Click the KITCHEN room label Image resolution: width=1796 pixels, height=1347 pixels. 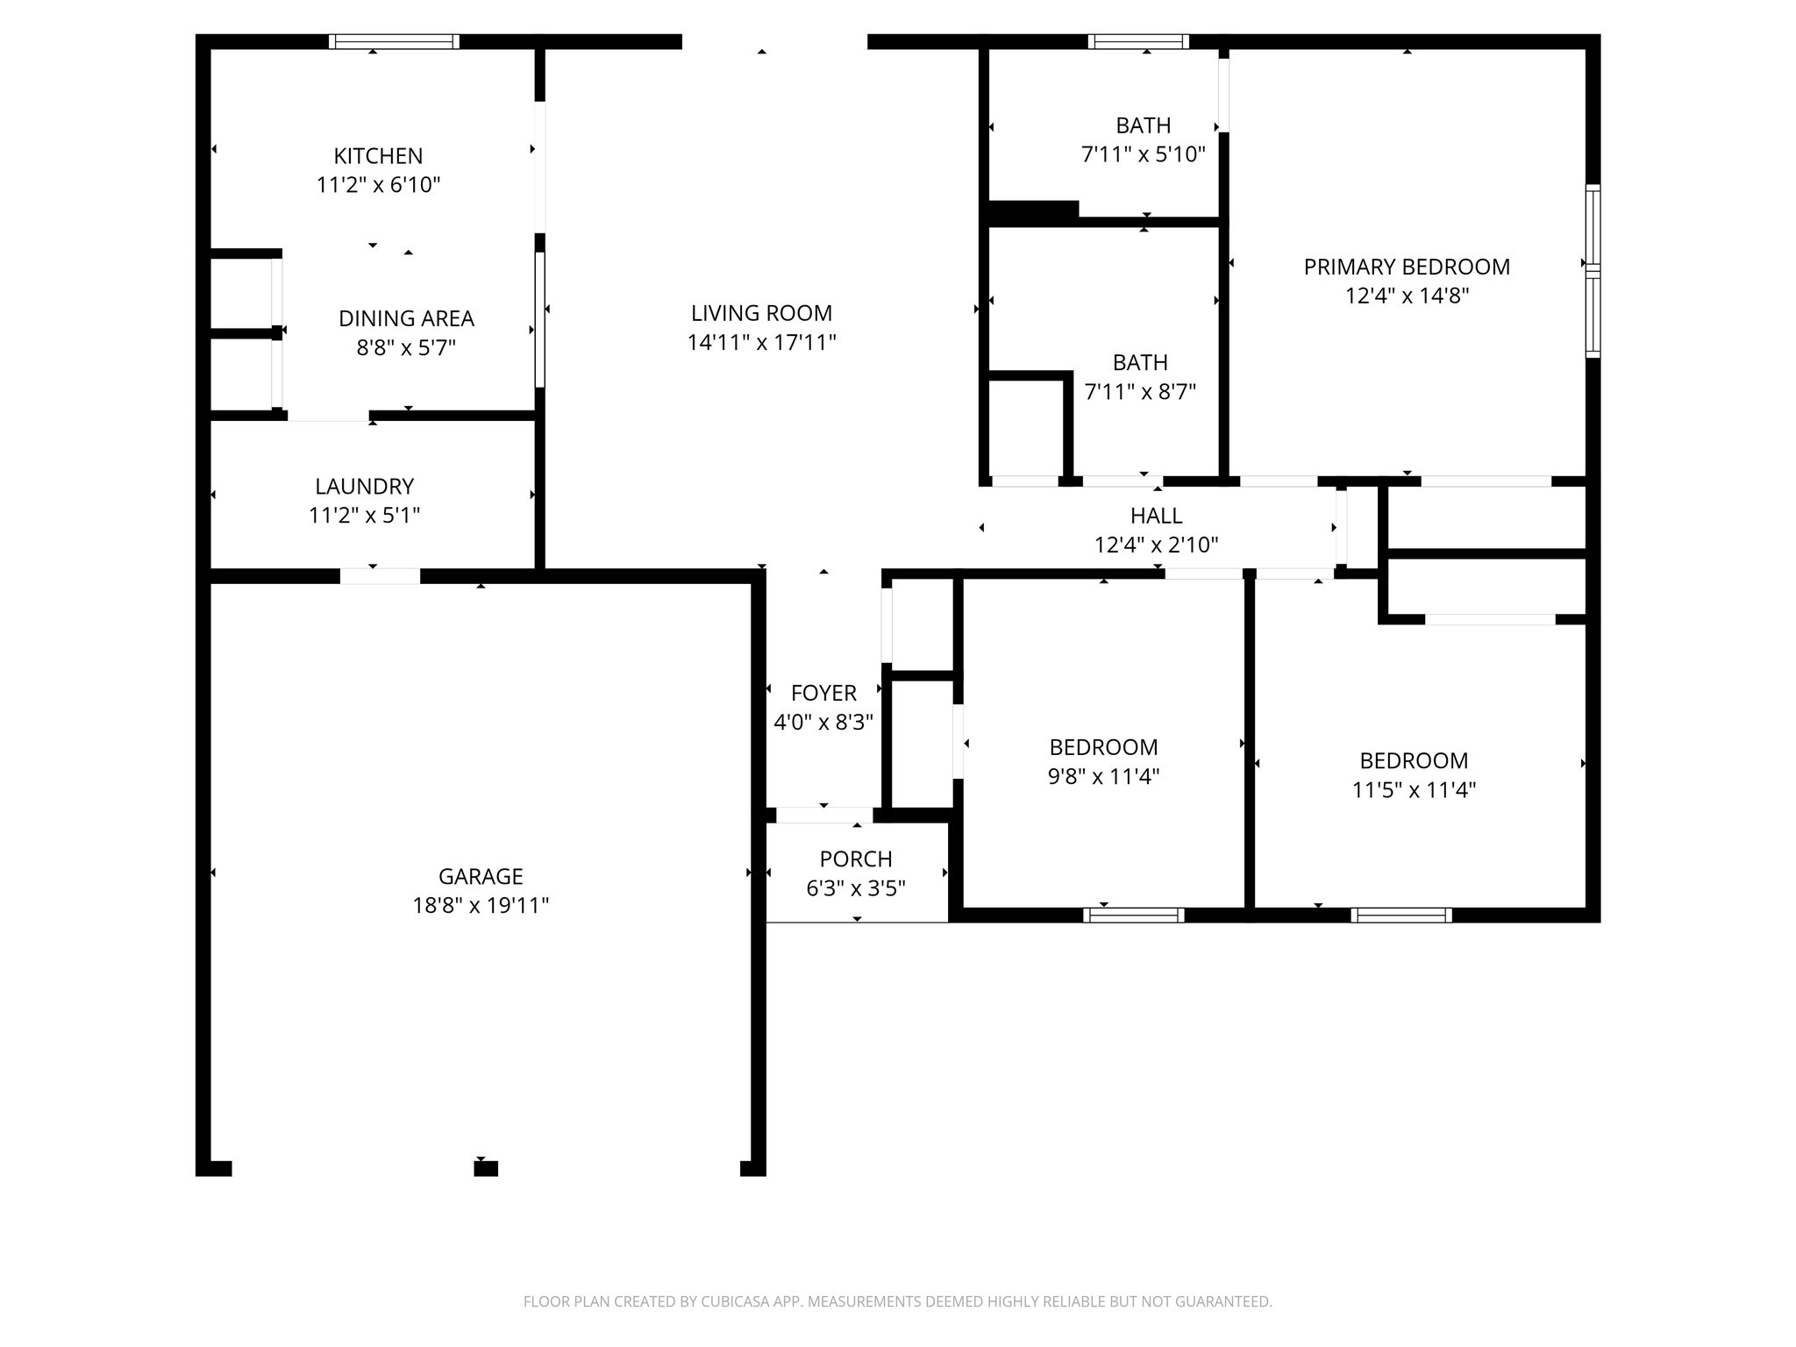[x=378, y=156]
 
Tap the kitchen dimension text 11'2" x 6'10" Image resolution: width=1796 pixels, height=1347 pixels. [x=378, y=185]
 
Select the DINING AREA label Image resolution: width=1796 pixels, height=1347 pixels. [x=406, y=318]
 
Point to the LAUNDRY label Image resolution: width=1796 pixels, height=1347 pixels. [x=364, y=486]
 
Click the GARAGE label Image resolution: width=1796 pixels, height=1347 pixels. [x=481, y=876]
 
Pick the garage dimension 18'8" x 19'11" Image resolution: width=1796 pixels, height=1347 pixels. [x=481, y=905]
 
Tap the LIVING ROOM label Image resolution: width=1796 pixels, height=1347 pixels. [x=761, y=313]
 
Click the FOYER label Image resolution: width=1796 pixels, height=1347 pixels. [x=823, y=693]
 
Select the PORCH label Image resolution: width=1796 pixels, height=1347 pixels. [x=856, y=859]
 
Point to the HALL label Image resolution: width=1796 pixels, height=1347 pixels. [x=1156, y=516]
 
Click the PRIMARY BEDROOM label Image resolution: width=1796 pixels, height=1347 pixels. [x=1407, y=267]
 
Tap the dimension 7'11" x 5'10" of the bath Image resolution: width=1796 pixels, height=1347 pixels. [x=1143, y=154]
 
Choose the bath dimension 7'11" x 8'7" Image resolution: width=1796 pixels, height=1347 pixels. [x=1140, y=391]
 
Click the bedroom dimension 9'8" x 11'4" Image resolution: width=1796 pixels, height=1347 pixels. [x=1103, y=776]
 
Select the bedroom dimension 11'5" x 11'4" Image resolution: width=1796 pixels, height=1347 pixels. [x=1414, y=789]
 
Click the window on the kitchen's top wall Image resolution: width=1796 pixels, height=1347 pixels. [x=394, y=41]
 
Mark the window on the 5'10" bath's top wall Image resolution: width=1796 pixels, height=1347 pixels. [x=1138, y=41]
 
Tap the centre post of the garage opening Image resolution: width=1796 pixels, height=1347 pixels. [x=486, y=1168]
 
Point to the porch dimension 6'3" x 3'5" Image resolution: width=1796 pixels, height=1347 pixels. [x=856, y=888]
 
